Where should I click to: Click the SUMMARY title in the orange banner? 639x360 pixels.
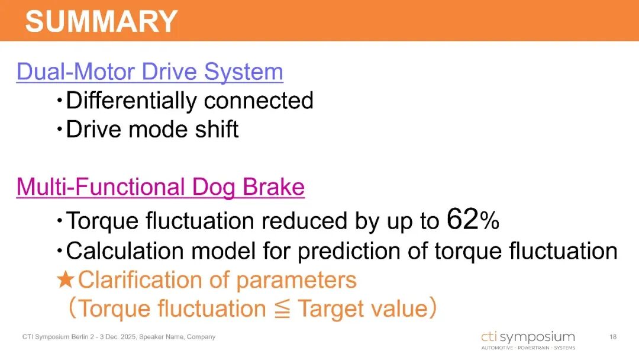point(101,21)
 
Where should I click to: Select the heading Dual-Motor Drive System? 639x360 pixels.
point(150,72)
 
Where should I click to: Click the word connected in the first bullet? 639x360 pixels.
point(259,100)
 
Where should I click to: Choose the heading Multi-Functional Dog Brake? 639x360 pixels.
point(160,187)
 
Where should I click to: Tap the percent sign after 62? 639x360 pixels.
point(489,221)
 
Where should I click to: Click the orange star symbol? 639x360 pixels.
point(65,279)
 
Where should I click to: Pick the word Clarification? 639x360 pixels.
point(140,279)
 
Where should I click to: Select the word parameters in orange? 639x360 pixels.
point(296,281)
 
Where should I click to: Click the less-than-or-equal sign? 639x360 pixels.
point(282,308)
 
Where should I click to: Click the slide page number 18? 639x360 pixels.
point(613,337)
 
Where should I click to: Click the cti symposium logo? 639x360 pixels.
point(528,340)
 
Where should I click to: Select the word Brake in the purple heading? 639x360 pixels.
point(273,187)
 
